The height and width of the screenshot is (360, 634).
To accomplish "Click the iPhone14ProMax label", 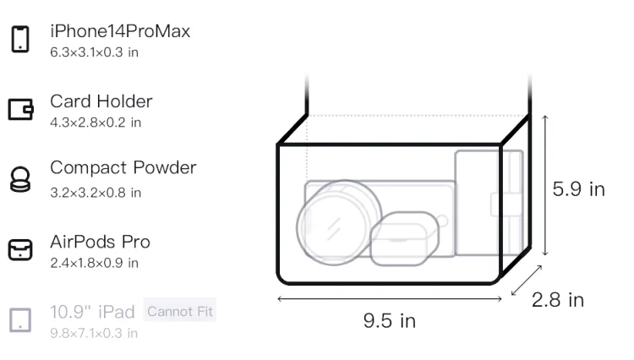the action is (120, 31).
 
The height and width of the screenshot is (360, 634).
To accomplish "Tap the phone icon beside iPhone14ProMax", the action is (20, 39).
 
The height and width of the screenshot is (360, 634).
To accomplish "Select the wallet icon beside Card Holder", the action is (20, 109).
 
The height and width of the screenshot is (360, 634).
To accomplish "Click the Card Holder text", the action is (101, 101).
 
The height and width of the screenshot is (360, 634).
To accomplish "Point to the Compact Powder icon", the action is (19, 179).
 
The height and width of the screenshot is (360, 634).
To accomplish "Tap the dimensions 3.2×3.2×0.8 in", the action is (96, 193).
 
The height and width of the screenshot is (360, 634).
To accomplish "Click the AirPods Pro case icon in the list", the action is (20, 249).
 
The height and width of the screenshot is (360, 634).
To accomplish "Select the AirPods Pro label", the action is (100, 242).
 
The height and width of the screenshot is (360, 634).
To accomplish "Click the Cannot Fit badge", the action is (180, 311).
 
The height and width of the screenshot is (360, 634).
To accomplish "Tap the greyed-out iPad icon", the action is (20, 320).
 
